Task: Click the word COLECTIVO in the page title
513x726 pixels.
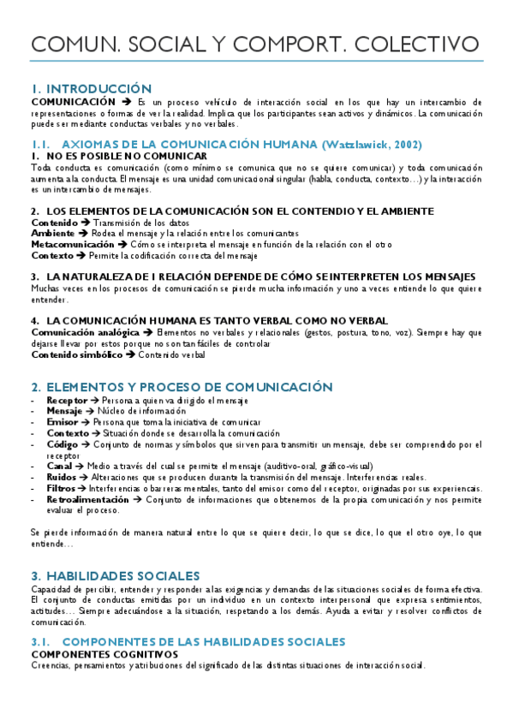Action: pos(415,44)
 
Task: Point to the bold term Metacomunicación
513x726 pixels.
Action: pos(72,244)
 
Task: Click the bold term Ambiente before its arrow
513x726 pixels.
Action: pos(52,233)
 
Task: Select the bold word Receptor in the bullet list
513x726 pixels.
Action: pos(67,400)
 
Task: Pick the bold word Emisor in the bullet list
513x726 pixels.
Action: pos(63,422)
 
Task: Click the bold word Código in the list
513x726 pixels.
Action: pos(63,444)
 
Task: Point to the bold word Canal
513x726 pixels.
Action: pos(60,466)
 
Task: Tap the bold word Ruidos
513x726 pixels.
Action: pos(63,477)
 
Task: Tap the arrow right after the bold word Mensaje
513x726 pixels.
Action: pos(89,411)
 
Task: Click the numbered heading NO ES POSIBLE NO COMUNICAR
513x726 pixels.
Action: pos(126,156)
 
